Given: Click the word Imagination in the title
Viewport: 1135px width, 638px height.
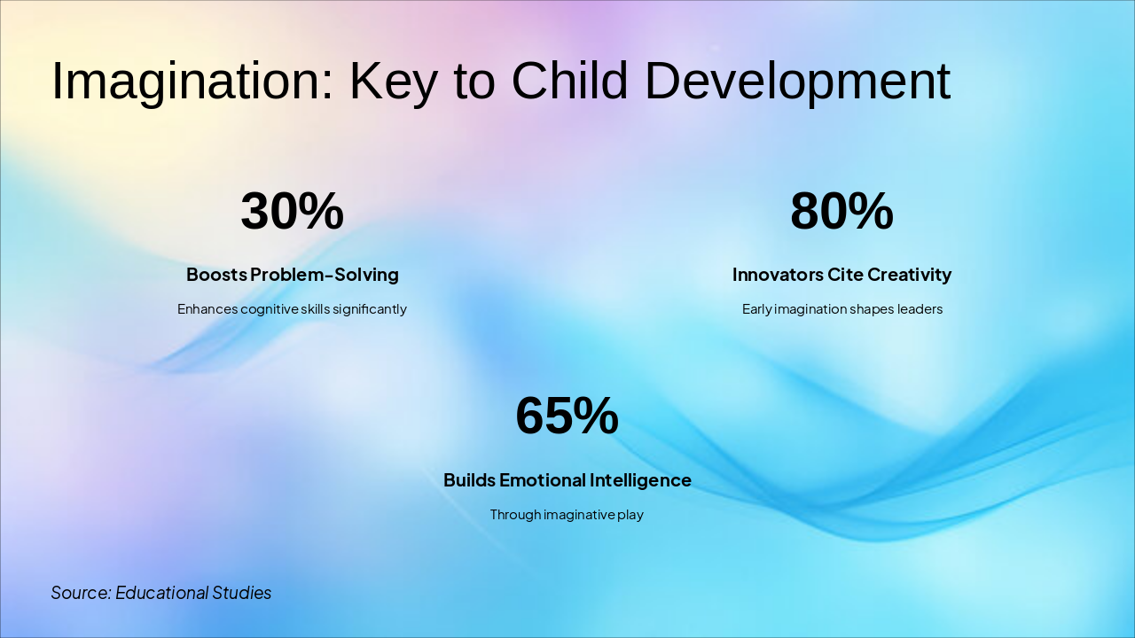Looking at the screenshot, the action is click(192, 81).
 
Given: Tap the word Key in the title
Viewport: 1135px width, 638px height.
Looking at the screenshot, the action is click(393, 81).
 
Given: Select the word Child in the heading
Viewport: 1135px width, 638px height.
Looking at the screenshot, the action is click(570, 80).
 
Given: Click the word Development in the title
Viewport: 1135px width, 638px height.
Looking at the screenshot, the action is click(798, 81).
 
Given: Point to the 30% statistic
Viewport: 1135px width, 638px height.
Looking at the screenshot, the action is click(293, 211).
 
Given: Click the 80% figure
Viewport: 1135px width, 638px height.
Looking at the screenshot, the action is click(842, 211).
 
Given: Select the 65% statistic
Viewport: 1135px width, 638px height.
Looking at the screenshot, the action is click(567, 416).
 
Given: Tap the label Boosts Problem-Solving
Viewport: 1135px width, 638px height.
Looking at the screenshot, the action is click(293, 275).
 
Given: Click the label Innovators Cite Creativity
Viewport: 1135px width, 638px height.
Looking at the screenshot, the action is click(842, 275).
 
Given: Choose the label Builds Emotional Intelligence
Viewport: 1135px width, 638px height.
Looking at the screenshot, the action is click(567, 480).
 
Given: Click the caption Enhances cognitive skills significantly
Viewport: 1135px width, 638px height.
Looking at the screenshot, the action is click(292, 309).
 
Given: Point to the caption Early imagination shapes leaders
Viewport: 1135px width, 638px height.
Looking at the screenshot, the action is click(842, 309).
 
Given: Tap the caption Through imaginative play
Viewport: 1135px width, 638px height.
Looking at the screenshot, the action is click(567, 515).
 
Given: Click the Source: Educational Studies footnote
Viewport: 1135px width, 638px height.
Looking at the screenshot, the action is click(161, 593).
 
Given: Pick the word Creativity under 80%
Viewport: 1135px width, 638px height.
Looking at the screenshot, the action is click(910, 275).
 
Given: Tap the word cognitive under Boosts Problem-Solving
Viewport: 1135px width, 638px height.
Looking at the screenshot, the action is click(269, 309).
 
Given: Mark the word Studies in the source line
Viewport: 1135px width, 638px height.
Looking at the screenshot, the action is click(242, 593).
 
